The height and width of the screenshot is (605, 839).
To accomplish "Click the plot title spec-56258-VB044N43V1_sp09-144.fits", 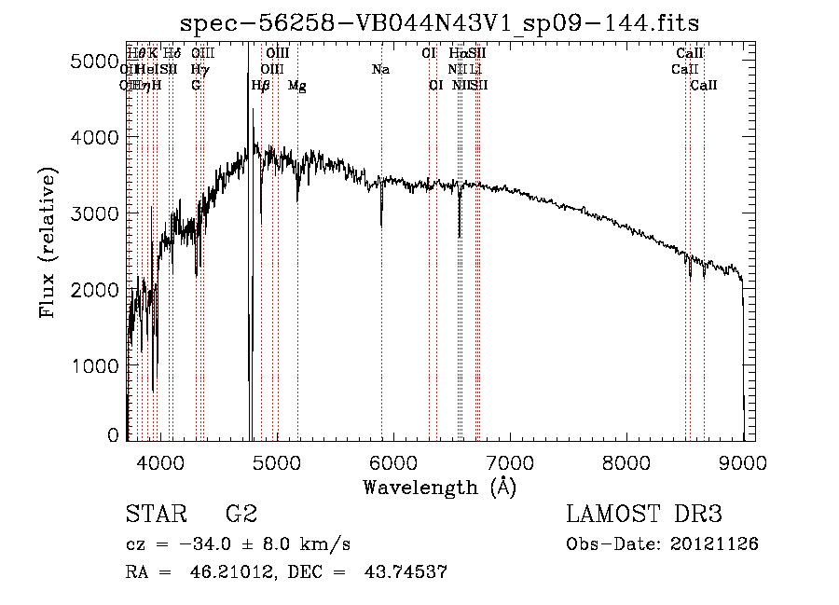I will click(439, 22).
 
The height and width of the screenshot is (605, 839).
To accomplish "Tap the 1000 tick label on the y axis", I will click(97, 365).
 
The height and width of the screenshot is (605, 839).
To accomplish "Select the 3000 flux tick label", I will click(97, 213).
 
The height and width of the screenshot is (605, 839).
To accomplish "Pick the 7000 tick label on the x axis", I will click(510, 461).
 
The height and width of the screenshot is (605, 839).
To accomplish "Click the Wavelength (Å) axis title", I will click(439, 487).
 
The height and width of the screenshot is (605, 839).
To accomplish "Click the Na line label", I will click(380, 69).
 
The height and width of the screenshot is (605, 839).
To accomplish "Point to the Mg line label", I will click(296, 86).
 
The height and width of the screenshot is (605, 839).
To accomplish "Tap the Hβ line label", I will click(261, 86).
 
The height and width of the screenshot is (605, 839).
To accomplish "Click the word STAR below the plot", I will click(154, 515).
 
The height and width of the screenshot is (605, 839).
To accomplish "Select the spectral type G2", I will click(241, 515).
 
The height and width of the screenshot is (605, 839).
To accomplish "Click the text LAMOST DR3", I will click(643, 515).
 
